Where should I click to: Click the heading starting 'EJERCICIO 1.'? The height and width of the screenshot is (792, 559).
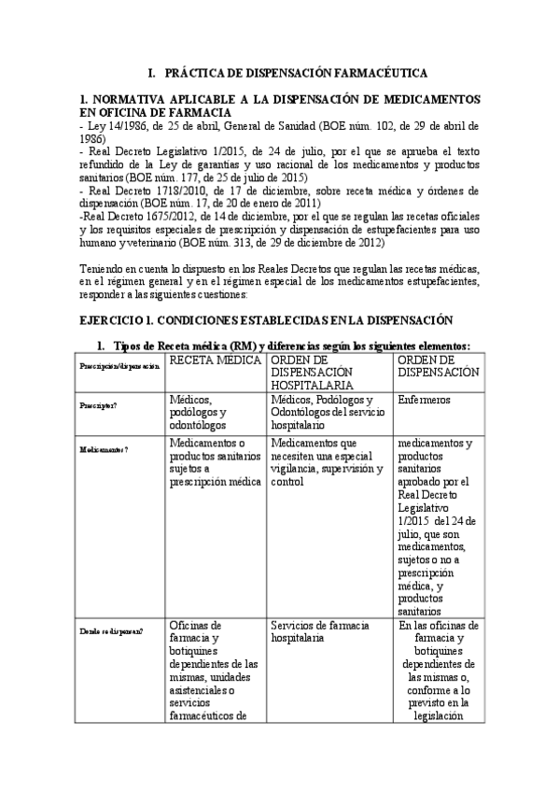[266, 319]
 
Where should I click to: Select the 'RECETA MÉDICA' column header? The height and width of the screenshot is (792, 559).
[216, 360]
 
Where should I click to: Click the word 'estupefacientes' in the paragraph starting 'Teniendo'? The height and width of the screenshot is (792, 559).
[436, 283]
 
